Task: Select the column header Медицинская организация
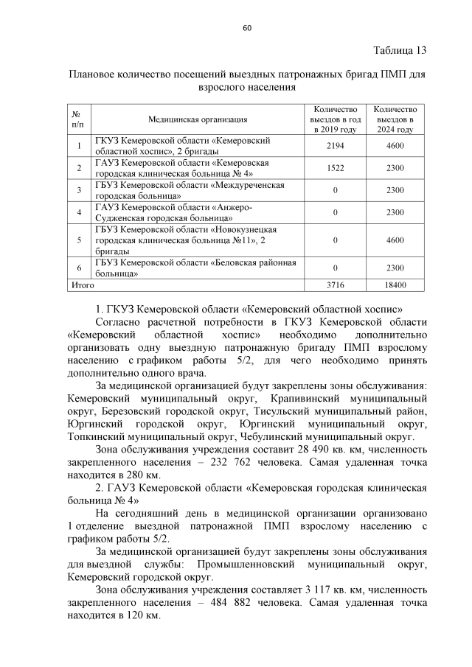pyautogui.click(x=197, y=119)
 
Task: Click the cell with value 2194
pyautogui.click(x=336, y=146)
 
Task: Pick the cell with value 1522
pyautogui.click(x=336, y=168)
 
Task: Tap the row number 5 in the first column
pyautogui.click(x=78, y=240)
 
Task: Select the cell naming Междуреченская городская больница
pyautogui.click(x=190, y=190)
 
